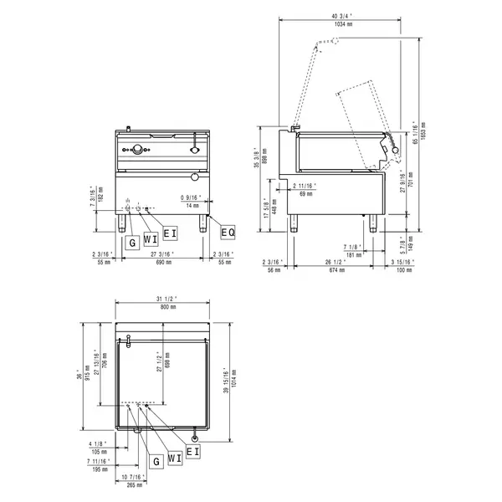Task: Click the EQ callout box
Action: (x=228, y=231)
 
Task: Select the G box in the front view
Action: (x=132, y=241)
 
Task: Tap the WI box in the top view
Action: (x=174, y=458)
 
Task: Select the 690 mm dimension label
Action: (x=162, y=262)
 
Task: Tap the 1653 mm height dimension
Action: (x=423, y=134)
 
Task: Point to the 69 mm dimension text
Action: (x=306, y=193)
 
